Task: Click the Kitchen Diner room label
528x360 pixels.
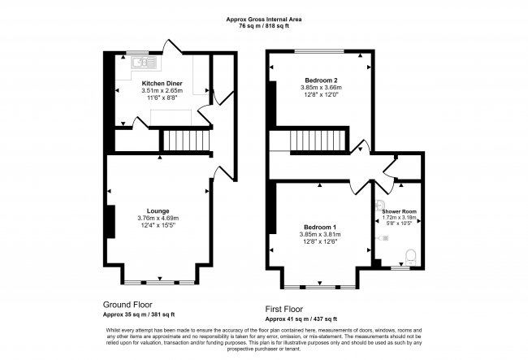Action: (x=162, y=83)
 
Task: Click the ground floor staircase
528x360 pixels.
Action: (x=188, y=141)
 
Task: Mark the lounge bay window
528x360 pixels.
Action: (x=158, y=281)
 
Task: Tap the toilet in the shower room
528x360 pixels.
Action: (x=410, y=255)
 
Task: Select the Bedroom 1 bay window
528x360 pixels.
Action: (x=319, y=287)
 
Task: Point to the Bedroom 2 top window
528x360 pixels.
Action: (x=319, y=52)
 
